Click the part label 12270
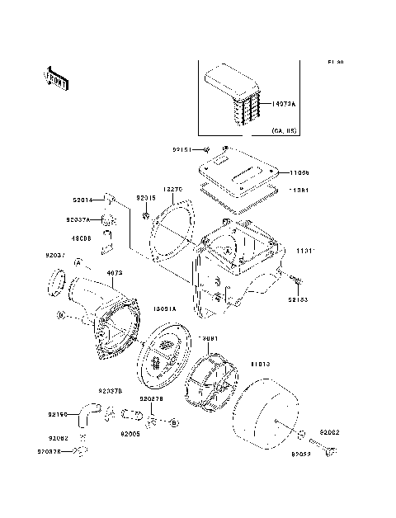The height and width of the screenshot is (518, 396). click(x=172, y=189)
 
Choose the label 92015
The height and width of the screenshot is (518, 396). click(x=146, y=199)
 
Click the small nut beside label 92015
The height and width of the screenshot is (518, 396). click(x=145, y=216)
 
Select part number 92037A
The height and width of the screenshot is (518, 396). click(x=78, y=220)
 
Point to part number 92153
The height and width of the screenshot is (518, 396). click(x=299, y=300)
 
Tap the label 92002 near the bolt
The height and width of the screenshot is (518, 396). click(x=330, y=431)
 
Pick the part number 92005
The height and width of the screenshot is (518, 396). click(x=130, y=432)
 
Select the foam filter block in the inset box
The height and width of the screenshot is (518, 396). click(x=233, y=93)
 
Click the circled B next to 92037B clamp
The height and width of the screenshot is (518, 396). click(x=173, y=422)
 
